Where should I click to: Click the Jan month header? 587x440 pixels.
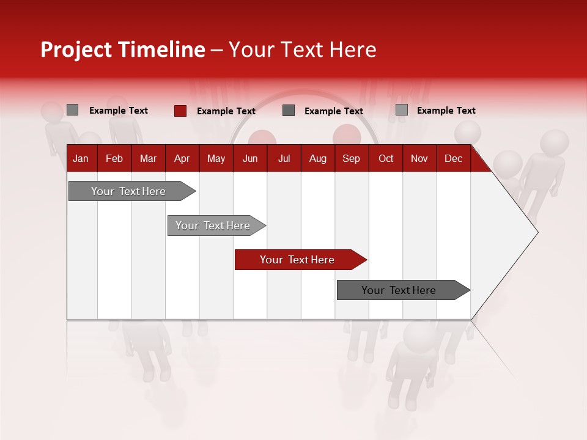click(81, 158)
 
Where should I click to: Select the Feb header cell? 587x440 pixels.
click(114, 158)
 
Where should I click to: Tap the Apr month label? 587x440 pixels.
click(182, 158)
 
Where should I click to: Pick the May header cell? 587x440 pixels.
click(216, 158)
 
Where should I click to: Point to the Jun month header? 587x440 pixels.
click(250, 158)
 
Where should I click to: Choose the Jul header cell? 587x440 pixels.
click(284, 158)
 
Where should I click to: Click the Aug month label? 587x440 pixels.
click(317, 158)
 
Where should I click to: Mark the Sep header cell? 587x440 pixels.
click(351, 158)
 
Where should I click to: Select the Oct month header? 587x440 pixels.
click(386, 158)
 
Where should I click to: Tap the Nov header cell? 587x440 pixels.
click(419, 158)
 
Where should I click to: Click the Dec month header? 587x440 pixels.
click(453, 158)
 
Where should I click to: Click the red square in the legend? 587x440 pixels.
click(180, 111)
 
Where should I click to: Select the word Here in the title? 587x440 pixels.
click(353, 50)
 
